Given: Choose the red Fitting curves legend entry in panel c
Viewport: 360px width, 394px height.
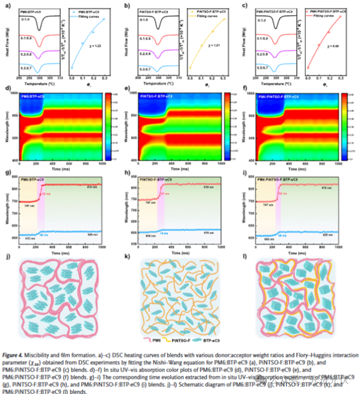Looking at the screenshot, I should (x=322, y=15).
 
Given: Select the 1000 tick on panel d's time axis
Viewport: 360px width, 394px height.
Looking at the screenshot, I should (x=102, y=164).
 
